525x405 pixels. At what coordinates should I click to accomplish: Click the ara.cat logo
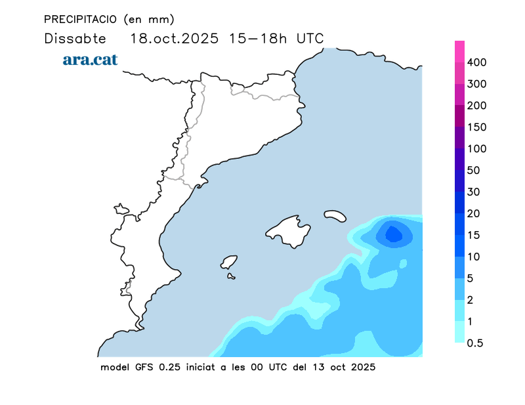pos(90,60)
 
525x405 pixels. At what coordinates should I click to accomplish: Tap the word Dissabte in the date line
pos(70,38)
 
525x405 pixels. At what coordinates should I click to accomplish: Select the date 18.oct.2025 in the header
pos(175,38)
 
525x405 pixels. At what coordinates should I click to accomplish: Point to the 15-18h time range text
pos(257,38)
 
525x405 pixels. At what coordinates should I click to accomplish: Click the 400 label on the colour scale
pos(477,62)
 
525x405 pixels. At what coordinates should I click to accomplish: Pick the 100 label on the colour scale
pos(477,149)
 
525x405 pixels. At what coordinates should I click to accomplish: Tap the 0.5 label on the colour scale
pos(475,343)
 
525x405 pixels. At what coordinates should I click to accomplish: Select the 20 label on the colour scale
pos(474,213)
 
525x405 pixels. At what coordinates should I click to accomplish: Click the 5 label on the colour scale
pos(471,278)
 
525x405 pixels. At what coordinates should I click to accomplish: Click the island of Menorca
pos(335,215)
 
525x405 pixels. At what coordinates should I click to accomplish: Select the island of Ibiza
pos(228,262)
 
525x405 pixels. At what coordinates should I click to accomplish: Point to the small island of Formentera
pos(231,276)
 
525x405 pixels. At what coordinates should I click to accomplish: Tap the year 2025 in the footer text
pos(363,367)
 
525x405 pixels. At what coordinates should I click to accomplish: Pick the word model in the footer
pos(115,367)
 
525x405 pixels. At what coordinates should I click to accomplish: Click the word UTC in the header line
pos(310,38)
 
